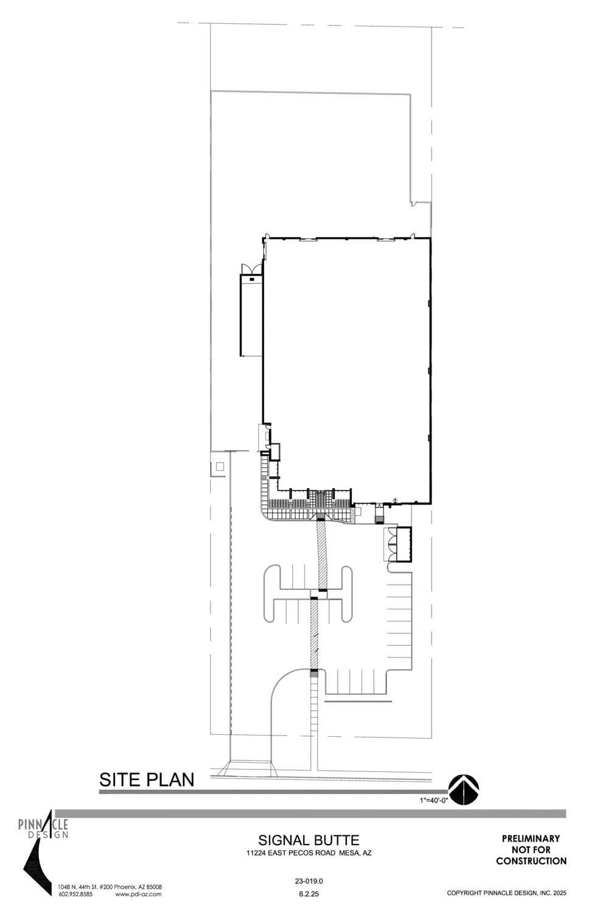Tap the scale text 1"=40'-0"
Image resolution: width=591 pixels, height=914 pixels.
(433, 800)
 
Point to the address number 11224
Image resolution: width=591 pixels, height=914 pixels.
(250, 853)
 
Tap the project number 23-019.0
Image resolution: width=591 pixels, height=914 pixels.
(309, 880)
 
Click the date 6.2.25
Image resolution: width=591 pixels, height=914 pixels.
(309, 895)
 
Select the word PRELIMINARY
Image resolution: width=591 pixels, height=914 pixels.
(531, 838)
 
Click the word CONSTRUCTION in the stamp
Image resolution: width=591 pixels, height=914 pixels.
(531, 861)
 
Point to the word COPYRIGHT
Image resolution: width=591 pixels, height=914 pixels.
(467, 893)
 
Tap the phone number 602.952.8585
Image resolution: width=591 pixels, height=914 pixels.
(75, 895)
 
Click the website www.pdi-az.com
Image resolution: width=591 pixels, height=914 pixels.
(138, 895)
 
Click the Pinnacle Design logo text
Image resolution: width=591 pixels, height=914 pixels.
(43, 829)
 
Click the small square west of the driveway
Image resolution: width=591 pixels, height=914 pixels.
(219, 467)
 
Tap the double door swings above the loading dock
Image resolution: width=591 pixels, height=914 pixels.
(251, 269)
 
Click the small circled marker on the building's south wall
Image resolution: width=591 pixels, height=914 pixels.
(395, 500)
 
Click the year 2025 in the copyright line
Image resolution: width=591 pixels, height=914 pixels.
(559, 893)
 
